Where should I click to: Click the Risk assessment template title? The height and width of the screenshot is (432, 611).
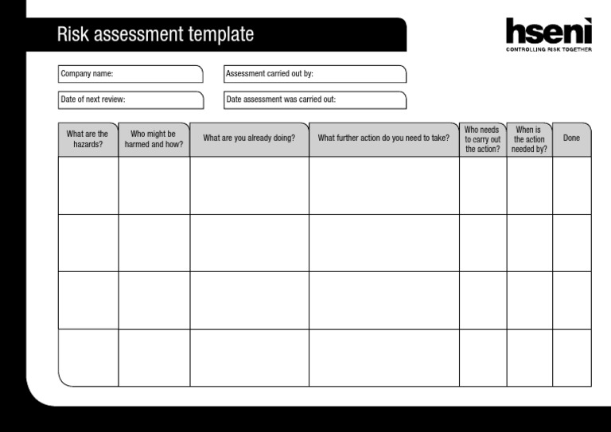tap(155, 35)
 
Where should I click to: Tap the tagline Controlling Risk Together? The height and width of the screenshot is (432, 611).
tap(549, 49)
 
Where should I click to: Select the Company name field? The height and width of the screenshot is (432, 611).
tap(131, 74)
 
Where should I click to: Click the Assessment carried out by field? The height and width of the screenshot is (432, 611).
tap(315, 74)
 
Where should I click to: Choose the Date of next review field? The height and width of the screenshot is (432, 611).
tap(131, 100)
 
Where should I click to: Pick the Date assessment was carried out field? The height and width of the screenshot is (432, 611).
tap(315, 100)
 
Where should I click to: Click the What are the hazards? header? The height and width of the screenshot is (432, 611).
tap(88, 139)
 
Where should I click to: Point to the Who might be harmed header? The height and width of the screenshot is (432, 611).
tap(154, 139)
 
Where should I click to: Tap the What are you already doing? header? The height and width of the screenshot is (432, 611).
tap(249, 138)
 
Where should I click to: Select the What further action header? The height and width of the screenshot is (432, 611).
tap(383, 138)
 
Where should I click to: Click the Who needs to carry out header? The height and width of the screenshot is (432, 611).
tap(482, 139)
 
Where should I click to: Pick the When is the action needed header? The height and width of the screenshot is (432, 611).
tap(529, 139)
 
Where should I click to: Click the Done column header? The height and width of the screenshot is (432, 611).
tap(571, 138)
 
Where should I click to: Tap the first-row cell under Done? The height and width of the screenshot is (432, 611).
tap(571, 185)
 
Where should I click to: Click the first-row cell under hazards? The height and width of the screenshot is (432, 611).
tap(88, 185)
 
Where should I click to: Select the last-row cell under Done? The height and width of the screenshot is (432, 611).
tap(571, 358)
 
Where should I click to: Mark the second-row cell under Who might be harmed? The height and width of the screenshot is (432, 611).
tap(154, 243)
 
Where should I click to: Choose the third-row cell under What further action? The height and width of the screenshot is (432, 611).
tap(383, 300)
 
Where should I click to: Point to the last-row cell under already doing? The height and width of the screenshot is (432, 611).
tap(249, 358)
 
